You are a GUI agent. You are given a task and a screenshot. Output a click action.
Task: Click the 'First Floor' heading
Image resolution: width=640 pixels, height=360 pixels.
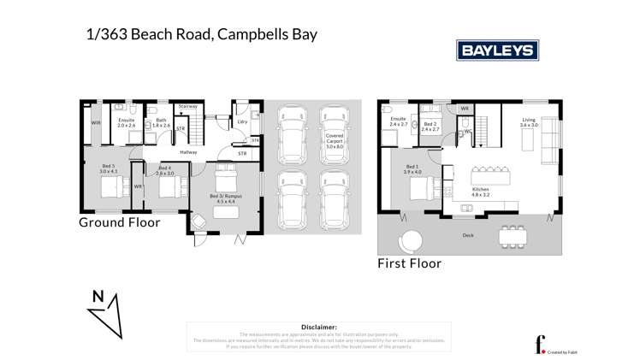[409, 263]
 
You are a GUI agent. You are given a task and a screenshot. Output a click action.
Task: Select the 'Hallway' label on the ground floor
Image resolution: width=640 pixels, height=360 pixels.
[188, 152]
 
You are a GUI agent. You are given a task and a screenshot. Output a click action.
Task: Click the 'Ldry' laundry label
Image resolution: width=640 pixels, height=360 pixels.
[243, 122]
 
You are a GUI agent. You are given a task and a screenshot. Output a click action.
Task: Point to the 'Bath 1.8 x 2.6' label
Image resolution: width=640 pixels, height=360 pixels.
[161, 122]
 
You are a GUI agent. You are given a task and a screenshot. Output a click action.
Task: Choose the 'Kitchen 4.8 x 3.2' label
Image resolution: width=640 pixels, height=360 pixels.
[480, 192]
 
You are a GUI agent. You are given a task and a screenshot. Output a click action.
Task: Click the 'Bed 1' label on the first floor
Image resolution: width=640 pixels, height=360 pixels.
[412, 168]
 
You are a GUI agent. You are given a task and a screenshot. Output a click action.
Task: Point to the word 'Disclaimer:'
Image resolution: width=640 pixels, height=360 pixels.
[319, 327]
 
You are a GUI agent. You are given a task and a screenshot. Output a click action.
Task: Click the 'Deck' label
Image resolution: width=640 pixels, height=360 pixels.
[467, 235]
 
